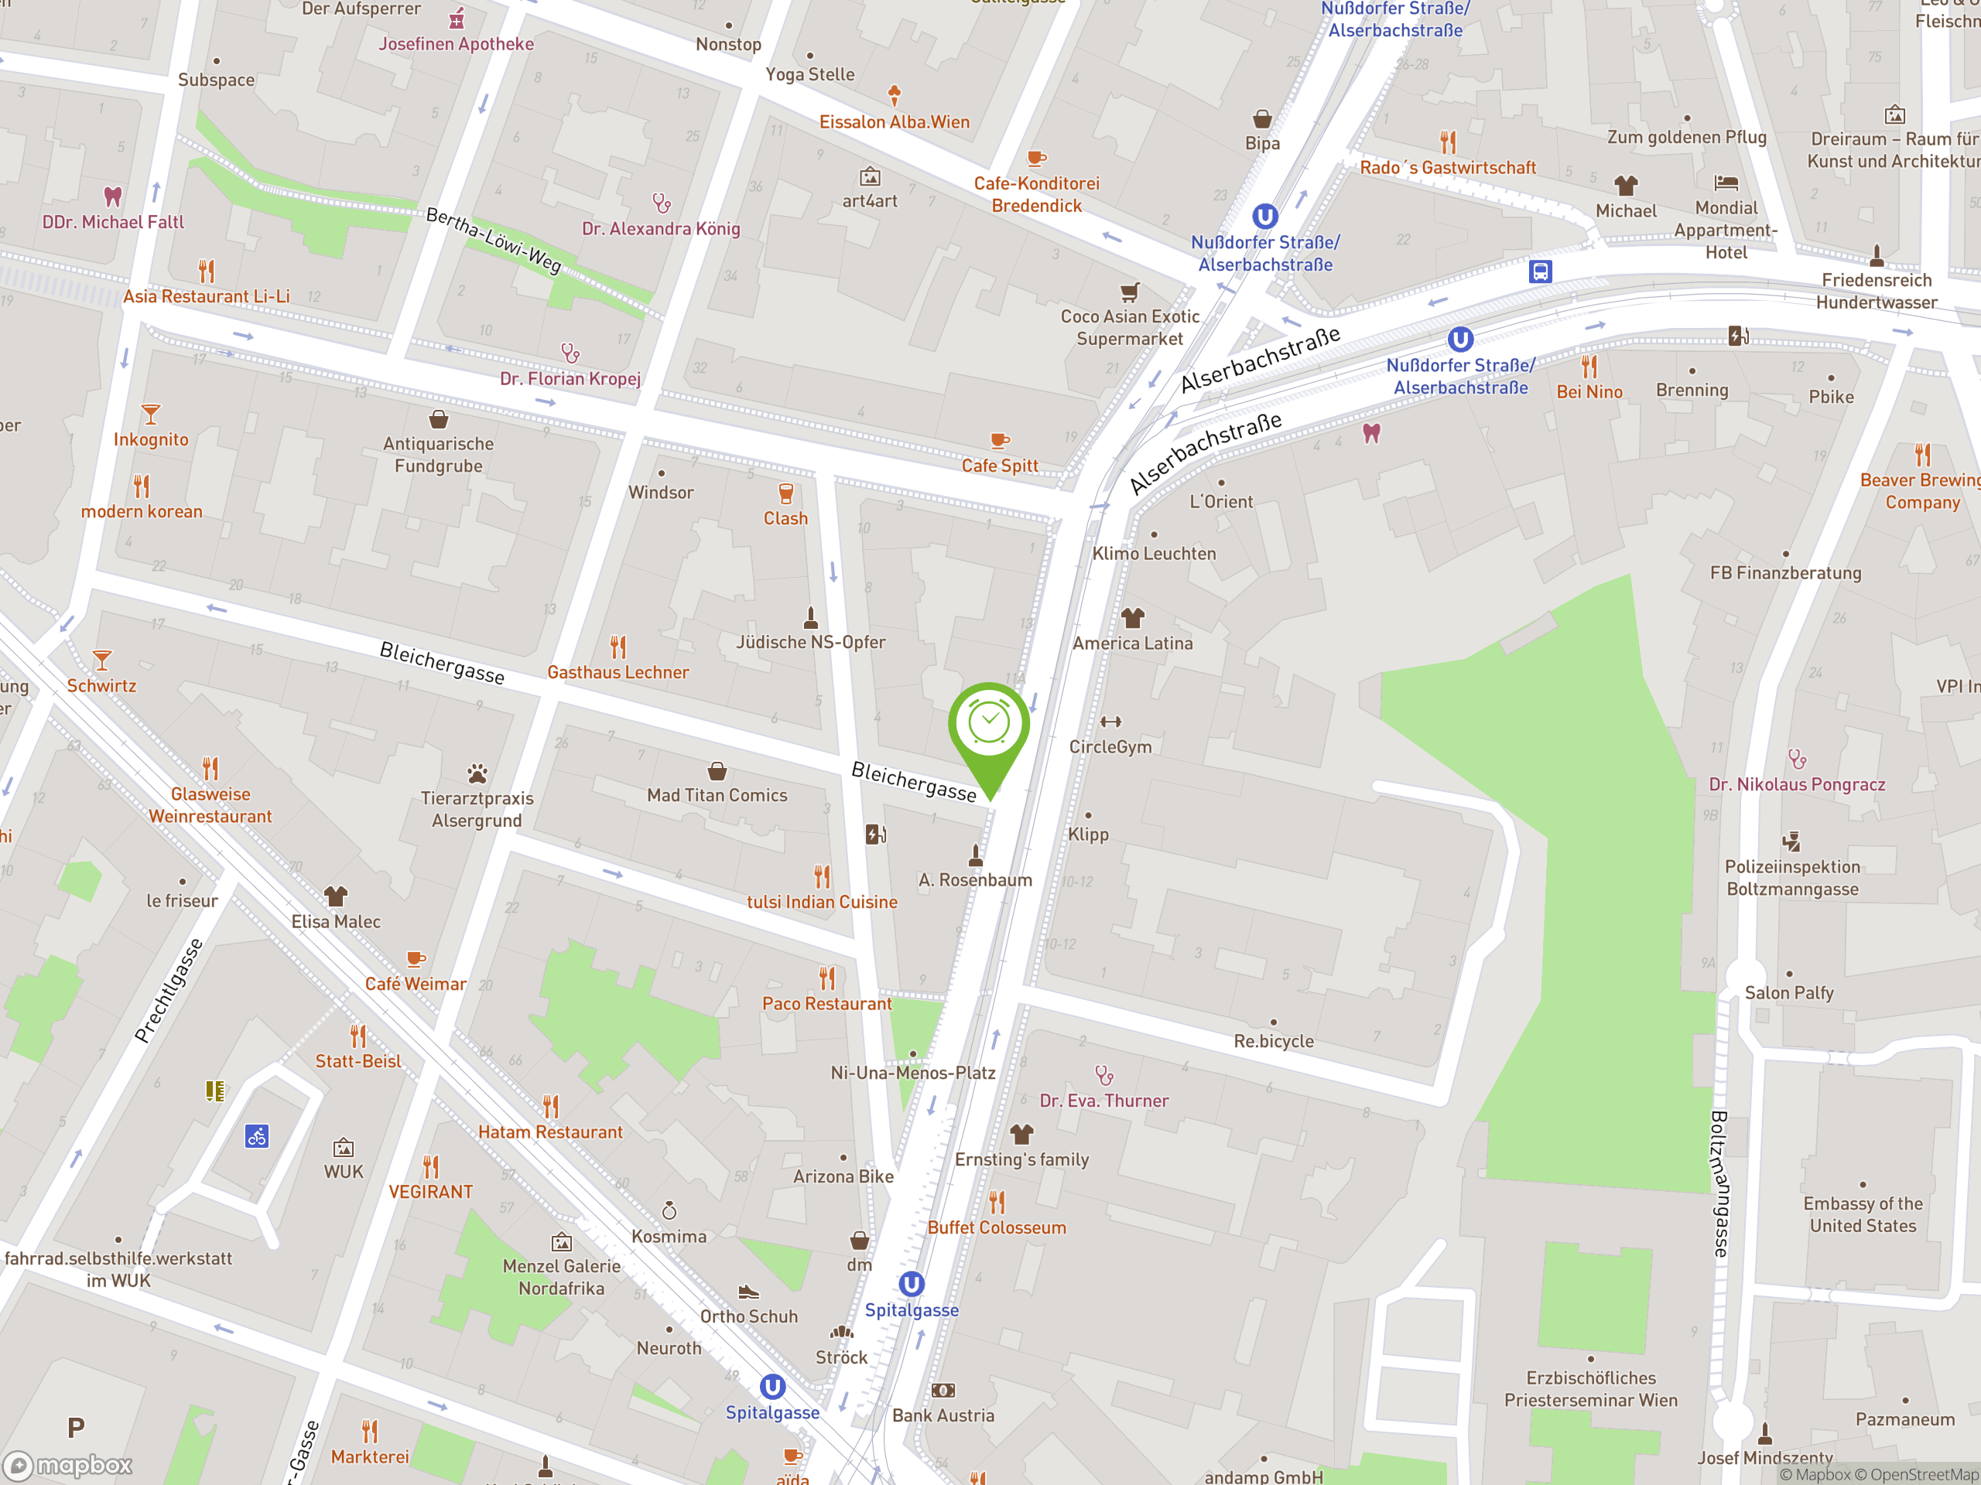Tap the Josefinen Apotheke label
[x=456, y=44]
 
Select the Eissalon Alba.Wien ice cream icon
[x=894, y=94]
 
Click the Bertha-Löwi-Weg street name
[x=494, y=240]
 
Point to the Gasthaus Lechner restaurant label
[x=618, y=672]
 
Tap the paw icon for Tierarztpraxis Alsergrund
[x=477, y=773]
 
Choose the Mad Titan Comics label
[x=717, y=795]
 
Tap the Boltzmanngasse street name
[x=1719, y=1183]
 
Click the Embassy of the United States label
[x=1863, y=1214]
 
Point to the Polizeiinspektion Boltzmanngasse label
[x=1792, y=878]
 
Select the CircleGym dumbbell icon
[x=1110, y=722]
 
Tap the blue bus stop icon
[x=1541, y=271]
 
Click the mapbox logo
[x=69, y=1466]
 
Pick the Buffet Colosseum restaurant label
[x=997, y=1227]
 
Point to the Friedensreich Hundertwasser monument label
[x=1877, y=291]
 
